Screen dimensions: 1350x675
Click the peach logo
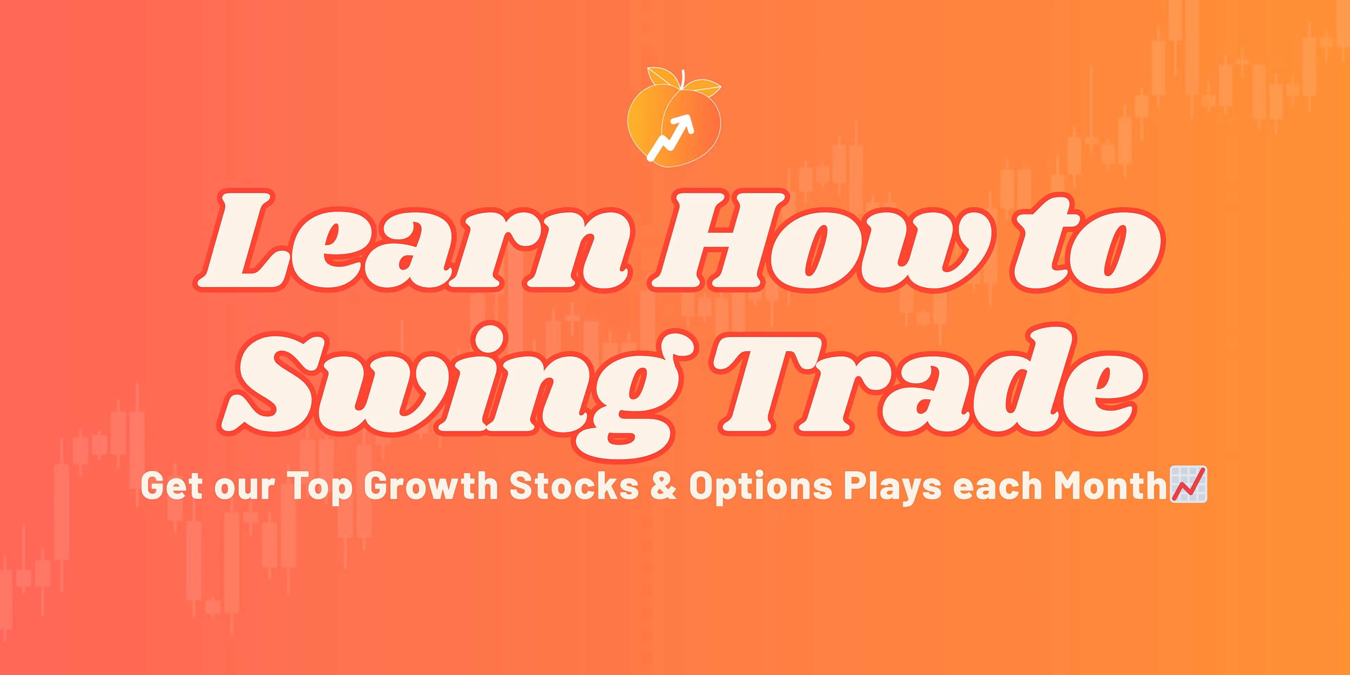(x=675, y=117)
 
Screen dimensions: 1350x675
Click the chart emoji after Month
(x=1189, y=484)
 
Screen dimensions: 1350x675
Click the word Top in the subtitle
(x=319, y=487)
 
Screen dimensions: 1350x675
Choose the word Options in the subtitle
(x=760, y=487)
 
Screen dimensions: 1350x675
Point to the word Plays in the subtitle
(x=892, y=487)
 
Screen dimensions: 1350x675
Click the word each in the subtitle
(x=997, y=486)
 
